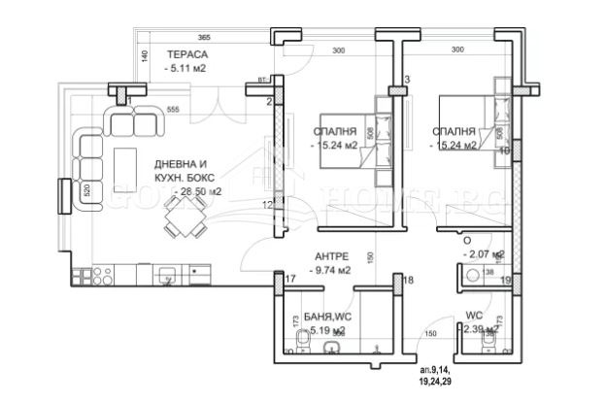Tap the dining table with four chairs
pyautogui.click(x=183, y=226)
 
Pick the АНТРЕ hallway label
pyautogui.click(x=334, y=257)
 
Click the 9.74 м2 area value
pyautogui.click(x=333, y=273)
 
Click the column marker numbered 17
pyautogui.click(x=290, y=281)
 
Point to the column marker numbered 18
pyautogui.click(x=408, y=281)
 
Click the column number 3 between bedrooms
pyautogui.click(x=407, y=79)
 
